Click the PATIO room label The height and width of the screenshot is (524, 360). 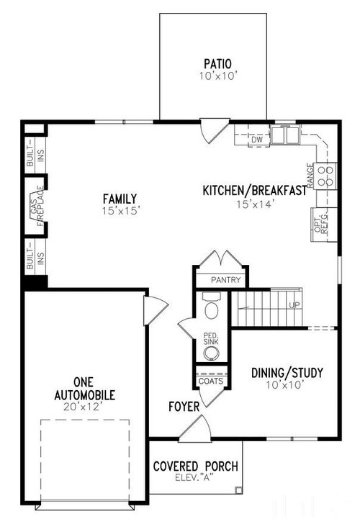pyautogui.click(x=217, y=63)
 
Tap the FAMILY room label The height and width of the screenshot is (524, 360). pyautogui.click(x=120, y=199)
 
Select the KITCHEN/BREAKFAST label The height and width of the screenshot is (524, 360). pyautogui.click(x=255, y=191)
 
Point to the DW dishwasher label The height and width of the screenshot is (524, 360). pyautogui.click(x=257, y=140)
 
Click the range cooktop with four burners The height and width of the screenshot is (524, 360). pyautogui.click(x=325, y=176)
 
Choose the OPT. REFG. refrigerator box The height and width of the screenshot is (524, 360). pyautogui.click(x=323, y=225)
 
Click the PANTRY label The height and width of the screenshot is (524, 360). pyautogui.click(x=225, y=280)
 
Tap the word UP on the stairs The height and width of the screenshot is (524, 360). pyautogui.click(x=294, y=304)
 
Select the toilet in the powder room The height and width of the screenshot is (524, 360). pyautogui.click(x=211, y=307)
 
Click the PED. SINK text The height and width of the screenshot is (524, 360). pyautogui.click(x=211, y=338)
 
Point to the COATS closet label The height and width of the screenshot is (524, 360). pyautogui.click(x=211, y=381)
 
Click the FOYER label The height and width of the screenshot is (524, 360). pyautogui.click(x=184, y=407)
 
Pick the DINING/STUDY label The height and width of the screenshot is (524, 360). pyautogui.click(x=287, y=373)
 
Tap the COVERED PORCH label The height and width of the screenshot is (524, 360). pyautogui.click(x=196, y=466)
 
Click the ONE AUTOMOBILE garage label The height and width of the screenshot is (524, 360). pyautogui.click(x=84, y=389)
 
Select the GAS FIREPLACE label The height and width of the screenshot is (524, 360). pyautogui.click(x=37, y=205)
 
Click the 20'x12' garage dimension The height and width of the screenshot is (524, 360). pyautogui.click(x=82, y=407)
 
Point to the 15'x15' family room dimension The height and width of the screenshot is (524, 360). pyautogui.click(x=121, y=211)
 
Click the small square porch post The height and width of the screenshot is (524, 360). pyautogui.click(x=238, y=490)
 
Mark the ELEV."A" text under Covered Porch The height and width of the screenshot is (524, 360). pyautogui.click(x=194, y=477)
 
